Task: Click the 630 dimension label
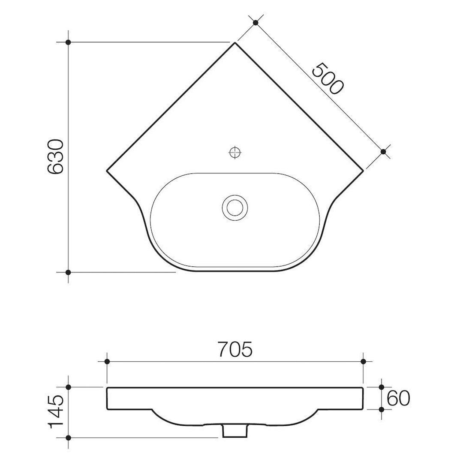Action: [56, 156]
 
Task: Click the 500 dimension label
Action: [328, 78]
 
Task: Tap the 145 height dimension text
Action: [56, 412]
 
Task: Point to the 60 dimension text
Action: [398, 399]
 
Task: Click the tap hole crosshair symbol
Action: [235, 152]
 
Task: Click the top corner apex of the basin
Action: [235, 43]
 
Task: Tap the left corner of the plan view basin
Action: [106, 171]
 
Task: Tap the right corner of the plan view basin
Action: [363, 171]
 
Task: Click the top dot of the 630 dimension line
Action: [68, 42]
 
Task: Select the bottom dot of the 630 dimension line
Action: [68, 272]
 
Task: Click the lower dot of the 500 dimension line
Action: [383, 151]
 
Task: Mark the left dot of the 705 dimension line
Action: [107, 362]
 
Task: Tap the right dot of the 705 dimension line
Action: [363, 362]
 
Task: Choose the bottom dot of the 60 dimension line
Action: [381, 410]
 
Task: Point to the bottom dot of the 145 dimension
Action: [68, 437]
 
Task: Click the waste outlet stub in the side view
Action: [235, 431]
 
